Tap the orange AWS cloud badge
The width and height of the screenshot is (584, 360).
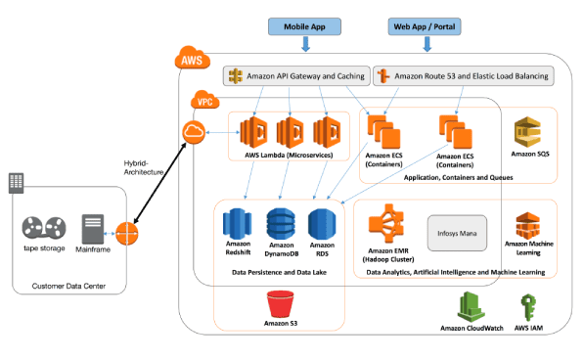(x=192, y=61)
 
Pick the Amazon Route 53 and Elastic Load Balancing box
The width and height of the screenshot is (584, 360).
(x=460, y=75)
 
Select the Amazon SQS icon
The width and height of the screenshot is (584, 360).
(x=529, y=130)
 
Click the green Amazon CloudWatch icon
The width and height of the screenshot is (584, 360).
(x=472, y=304)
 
